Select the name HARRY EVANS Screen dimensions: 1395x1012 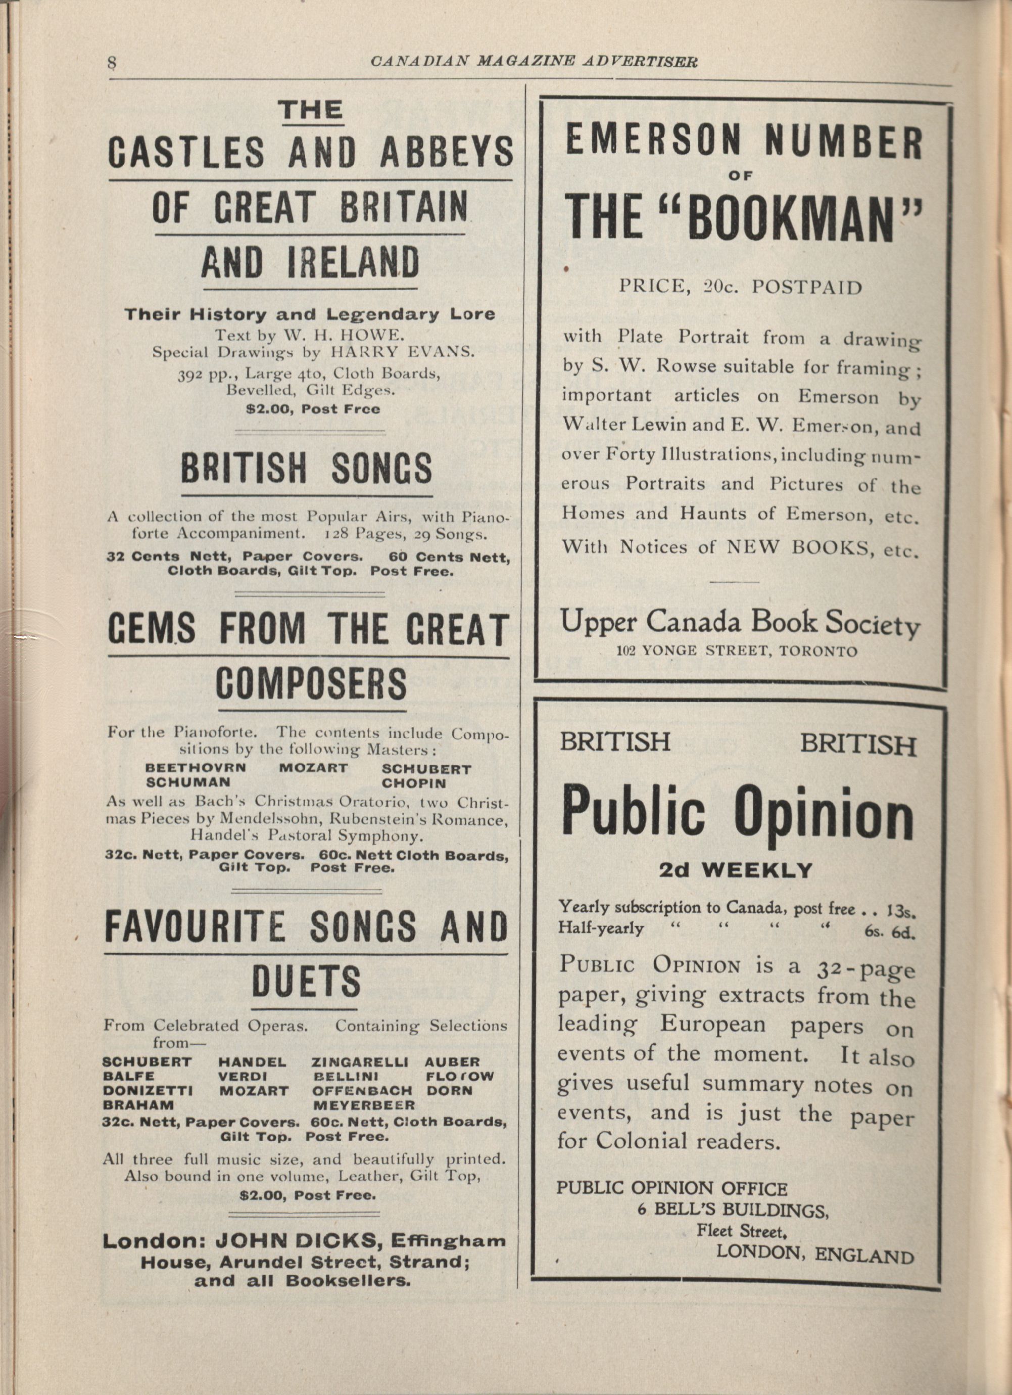pos(403,352)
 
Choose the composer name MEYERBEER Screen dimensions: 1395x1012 pos(364,1105)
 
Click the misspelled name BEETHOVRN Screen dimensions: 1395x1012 pos(196,768)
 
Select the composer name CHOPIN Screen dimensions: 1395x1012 pos(413,783)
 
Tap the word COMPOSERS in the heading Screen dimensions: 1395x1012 pos(311,683)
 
